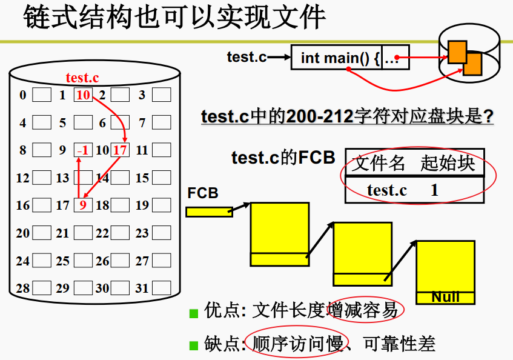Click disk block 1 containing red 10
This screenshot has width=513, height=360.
click(x=83, y=95)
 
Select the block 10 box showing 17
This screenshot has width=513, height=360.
click(x=121, y=150)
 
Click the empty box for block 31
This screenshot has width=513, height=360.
click(x=161, y=288)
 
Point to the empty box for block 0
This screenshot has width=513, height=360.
click(x=42, y=95)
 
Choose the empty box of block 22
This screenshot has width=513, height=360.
click(x=121, y=233)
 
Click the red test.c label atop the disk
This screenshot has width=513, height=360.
click(x=82, y=78)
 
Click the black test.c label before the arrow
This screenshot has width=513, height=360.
click(x=247, y=57)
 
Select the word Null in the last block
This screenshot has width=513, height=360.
click(x=445, y=297)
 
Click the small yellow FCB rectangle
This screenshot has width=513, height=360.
click(x=208, y=212)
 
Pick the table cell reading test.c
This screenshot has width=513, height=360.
click(x=387, y=190)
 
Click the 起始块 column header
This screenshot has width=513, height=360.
click(x=448, y=163)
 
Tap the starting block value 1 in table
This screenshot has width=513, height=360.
click(x=434, y=190)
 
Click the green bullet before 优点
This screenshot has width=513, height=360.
click(x=194, y=313)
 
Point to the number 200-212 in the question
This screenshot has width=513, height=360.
click(x=320, y=116)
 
